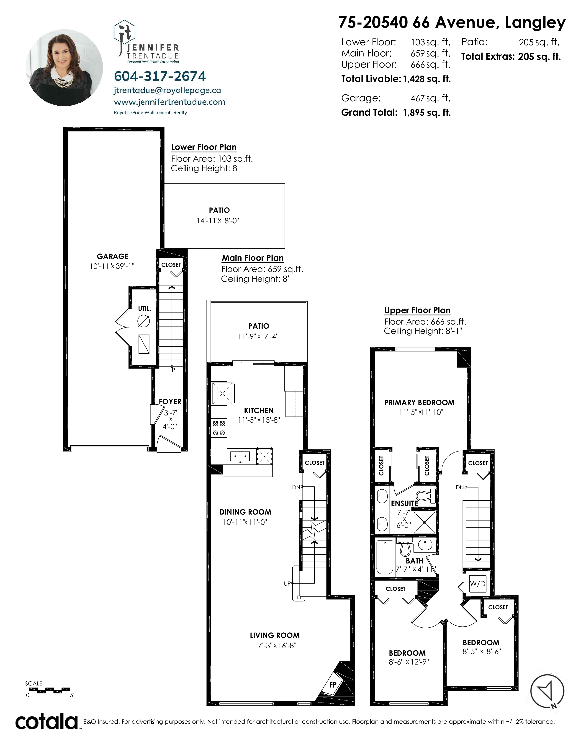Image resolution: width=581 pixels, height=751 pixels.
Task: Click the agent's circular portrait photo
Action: pos(64,68)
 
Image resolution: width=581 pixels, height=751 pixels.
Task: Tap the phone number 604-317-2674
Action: pos(160,76)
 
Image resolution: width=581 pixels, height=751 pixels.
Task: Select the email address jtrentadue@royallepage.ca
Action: pos(167,90)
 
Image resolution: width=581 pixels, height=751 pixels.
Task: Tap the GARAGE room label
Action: pos(113,256)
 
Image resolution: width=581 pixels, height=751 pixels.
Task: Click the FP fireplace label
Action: pos(332,685)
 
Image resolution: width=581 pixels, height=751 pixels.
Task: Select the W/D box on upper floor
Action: pos(478,584)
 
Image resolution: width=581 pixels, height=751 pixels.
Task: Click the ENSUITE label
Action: pos(404,503)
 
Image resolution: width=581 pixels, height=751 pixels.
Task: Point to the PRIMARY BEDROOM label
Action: pos(419,402)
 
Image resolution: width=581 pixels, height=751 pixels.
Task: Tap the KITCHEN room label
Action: pos(259,410)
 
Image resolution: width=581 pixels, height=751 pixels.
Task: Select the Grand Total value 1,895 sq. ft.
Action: pos(427,112)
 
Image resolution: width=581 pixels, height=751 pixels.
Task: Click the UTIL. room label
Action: pos(144,308)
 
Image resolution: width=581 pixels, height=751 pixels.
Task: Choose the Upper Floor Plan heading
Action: pos(417,310)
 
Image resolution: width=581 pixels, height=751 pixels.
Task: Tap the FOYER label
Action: pos(170,402)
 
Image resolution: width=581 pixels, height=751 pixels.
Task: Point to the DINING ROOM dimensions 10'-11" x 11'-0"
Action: pos(245,522)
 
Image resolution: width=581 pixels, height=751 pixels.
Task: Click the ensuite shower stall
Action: pos(425,522)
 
